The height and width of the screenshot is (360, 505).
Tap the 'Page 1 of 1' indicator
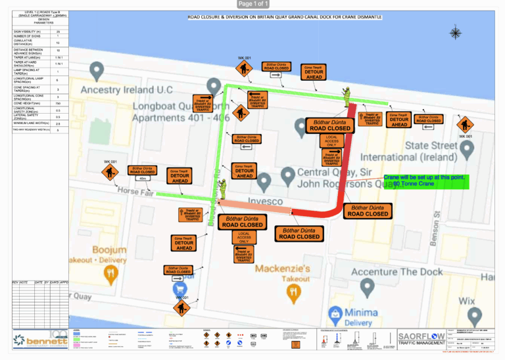pyautogui.click(x=252, y=4)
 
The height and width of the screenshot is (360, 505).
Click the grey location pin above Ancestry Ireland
pyautogui.click(x=97, y=69)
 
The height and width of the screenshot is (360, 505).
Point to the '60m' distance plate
pyautogui.click(x=142, y=178)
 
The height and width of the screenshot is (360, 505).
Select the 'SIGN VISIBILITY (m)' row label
pyautogui.click(x=27, y=31)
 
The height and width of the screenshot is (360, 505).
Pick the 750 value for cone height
pyautogui.click(x=58, y=103)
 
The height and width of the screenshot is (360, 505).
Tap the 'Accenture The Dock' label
pyautogui.click(x=388, y=271)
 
